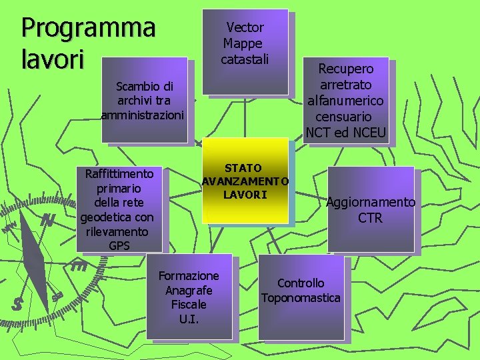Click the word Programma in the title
[89, 29]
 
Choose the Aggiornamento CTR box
[370, 210]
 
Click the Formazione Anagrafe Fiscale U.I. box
[188, 296]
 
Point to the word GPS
[119, 246]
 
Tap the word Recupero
[346, 69]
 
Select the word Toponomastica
[301, 297]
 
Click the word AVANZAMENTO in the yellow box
[245, 181]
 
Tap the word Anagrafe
[189, 290]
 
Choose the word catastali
[245, 59]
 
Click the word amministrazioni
[142, 115]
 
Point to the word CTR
[370, 218]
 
